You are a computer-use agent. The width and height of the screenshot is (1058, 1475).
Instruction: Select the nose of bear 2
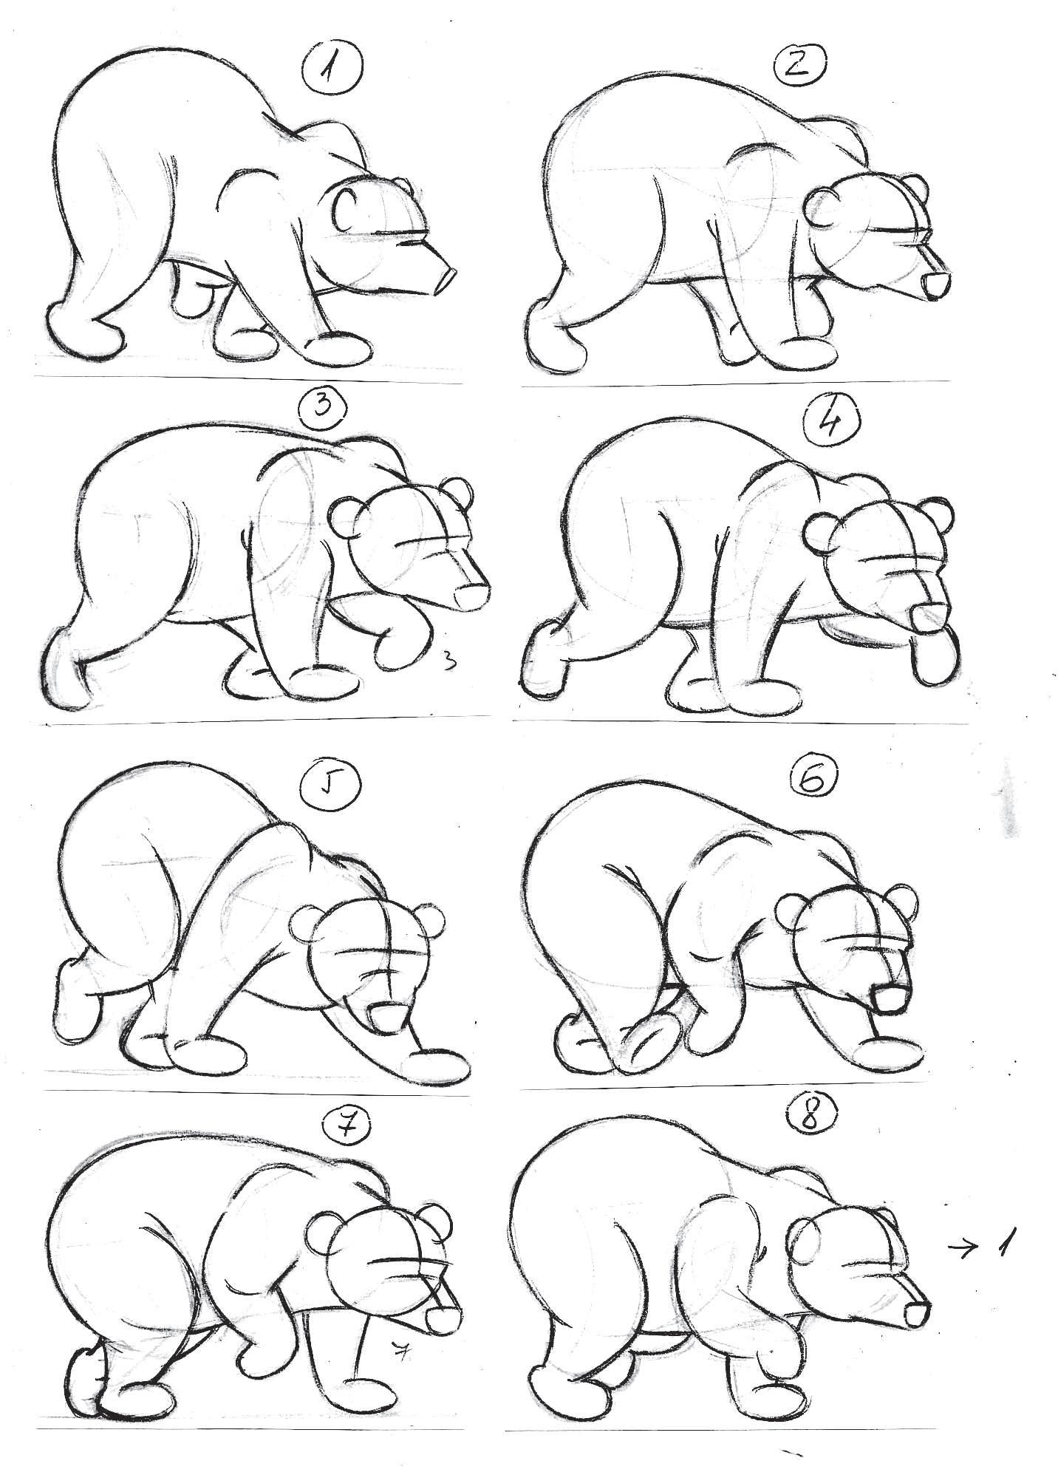[936, 285]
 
